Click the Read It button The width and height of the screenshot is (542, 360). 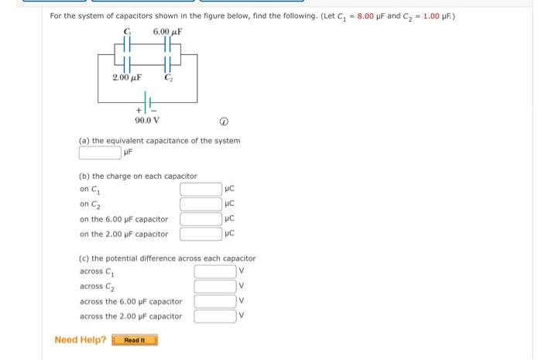coord(135,340)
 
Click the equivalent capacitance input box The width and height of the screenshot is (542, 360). coord(99,153)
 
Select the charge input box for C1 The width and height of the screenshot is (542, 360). coord(201,189)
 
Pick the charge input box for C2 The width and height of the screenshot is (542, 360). coord(201,204)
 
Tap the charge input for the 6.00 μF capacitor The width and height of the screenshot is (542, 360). coord(201,218)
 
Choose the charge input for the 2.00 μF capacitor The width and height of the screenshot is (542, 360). coord(201,233)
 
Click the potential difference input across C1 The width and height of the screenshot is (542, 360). coord(214,271)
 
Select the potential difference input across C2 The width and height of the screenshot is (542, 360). coord(214,286)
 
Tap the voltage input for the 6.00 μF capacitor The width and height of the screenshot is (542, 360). coord(214,300)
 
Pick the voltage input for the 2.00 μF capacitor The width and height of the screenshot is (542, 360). coord(214,315)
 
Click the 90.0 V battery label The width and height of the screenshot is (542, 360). coord(147,120)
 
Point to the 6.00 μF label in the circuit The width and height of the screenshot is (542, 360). coord(167,31)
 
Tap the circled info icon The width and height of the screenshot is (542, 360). coord(223,121)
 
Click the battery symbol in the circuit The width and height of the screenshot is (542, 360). coord(147,101)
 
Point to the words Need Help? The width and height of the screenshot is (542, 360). coord(81,340)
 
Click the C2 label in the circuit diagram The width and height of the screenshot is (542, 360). coord(168,77)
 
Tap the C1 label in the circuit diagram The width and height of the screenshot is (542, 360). coord(126,31)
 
